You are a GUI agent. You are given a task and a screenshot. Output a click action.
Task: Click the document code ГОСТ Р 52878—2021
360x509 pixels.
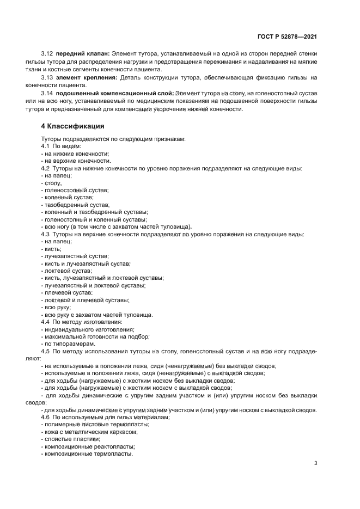pyautogui.click(x=287, y=37)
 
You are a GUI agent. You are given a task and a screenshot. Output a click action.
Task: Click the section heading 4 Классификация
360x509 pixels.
pyautogui.click(x=71, y=126)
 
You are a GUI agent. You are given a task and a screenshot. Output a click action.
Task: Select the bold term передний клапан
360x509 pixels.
pyautogui.click(x=82, y=53)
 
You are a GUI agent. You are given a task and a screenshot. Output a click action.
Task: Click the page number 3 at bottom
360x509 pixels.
pyautogui.click(x=315, y=463)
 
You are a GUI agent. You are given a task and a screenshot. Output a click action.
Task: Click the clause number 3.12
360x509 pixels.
pyautogui.click(x=47, y=53)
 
